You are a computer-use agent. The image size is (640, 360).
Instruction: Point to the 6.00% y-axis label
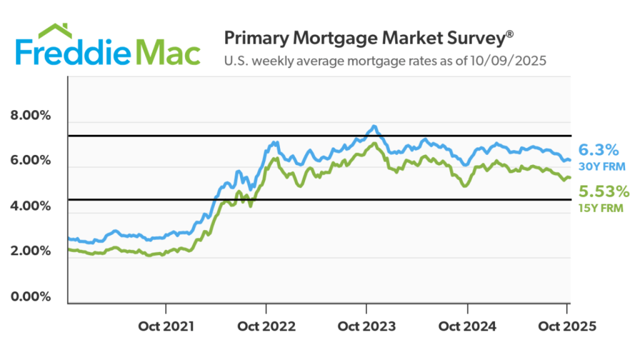31,161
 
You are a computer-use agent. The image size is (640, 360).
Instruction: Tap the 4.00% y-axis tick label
31,206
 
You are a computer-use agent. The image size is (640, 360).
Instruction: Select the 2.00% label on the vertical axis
31,251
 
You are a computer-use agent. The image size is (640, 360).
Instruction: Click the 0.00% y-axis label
31,296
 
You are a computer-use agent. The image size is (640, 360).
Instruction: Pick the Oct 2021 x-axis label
166,326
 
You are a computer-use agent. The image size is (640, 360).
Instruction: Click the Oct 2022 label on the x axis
266,326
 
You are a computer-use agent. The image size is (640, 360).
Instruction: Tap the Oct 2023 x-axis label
367,326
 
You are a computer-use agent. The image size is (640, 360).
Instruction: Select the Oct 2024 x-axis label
467,326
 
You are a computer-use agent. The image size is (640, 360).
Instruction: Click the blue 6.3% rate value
598,150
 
